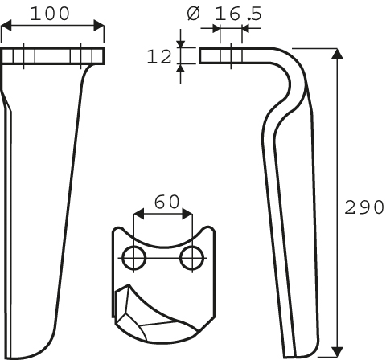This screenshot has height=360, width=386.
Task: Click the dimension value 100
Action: [50, 14]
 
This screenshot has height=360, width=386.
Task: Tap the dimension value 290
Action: [363, 207]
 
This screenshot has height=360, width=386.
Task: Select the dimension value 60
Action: [166, 202]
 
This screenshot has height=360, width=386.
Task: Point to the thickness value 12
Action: [159, 56]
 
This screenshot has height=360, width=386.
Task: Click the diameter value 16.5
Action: [238, 14]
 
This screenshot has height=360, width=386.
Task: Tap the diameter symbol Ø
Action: [193, 14]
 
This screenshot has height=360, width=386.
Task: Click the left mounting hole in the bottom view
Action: [133, 258]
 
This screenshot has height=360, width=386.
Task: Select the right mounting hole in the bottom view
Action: [191, 258]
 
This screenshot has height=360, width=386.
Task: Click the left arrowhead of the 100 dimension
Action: [6, 26]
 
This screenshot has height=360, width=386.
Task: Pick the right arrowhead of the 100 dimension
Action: [99, 26]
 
